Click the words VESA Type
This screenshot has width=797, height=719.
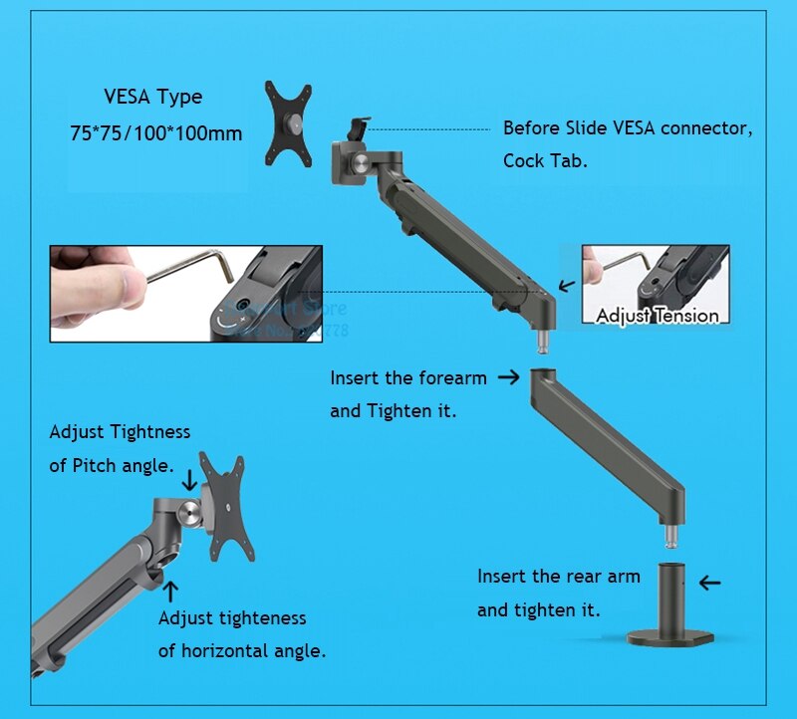[x=152, y=98]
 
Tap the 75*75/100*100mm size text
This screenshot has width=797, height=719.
[x=155, y=132]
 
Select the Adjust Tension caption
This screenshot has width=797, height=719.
[x=657, y=316]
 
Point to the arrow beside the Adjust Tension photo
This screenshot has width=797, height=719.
[x=566, y=285]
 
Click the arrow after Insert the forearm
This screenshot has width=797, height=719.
[x=508, y=376]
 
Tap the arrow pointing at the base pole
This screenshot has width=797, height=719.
[x=709, y=583]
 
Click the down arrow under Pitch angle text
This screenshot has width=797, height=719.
[x=189, y=480]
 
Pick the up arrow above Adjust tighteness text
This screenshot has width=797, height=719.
[x=170, y=591]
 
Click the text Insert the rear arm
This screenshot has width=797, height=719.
[x=559, y=577]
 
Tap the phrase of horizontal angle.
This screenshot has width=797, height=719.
[x=242, y=651]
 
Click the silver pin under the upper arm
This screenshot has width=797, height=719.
[x=544, y=338]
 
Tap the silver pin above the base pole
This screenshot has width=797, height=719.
[x=672, y=538]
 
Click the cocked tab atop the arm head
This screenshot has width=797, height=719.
[x=359, y=130]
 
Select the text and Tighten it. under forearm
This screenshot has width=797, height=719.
[x=394, y=410]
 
